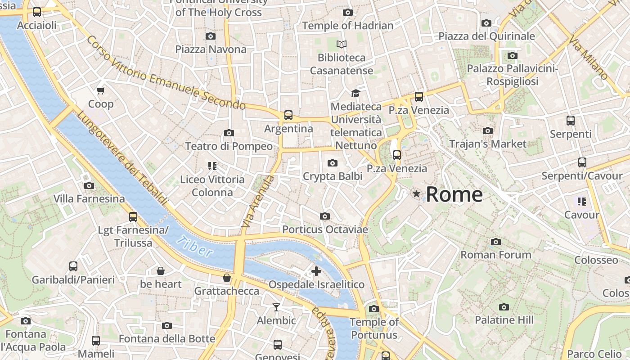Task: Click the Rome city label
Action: pos(454,194)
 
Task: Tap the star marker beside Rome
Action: pos(417,194)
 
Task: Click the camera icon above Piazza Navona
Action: pos(210,36)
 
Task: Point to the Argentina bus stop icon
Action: pos(288,115)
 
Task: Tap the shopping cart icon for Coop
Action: pos(101,90)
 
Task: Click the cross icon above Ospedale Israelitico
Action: pos(316,271)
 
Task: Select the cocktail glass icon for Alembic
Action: pos(276,307)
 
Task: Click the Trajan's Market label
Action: pos(488,144)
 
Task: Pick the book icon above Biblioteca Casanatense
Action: pos(342,44)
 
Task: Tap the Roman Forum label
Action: pos(495,255)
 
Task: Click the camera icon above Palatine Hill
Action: pos(504,307)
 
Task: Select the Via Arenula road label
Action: pos(257,201)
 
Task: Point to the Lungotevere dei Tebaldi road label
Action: pos(121,157)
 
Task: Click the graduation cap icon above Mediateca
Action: pos(355,93)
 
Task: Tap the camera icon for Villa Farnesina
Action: pos(89,185)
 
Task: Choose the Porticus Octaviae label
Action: pos(325,229)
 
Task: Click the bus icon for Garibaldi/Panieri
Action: pos(73,266)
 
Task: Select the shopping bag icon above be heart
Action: pos(161,271)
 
